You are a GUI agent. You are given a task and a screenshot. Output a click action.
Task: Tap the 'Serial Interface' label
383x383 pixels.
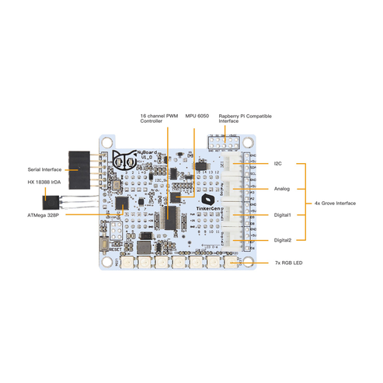click(45, 169)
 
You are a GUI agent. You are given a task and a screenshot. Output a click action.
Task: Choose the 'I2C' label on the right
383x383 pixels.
click(278, 164)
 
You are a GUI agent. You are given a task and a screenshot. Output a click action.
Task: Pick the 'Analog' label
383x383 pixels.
click(281, 189)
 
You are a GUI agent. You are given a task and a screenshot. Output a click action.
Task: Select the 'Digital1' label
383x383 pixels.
click(283, 214)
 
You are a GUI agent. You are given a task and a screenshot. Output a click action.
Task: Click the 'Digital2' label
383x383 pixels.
click(283, 240)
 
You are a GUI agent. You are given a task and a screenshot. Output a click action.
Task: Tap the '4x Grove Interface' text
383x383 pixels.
click(336, 202)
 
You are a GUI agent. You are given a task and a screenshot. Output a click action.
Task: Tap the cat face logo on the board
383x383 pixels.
click(122, 161)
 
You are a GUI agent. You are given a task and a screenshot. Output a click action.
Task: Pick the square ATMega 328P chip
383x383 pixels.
click(121, 203)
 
